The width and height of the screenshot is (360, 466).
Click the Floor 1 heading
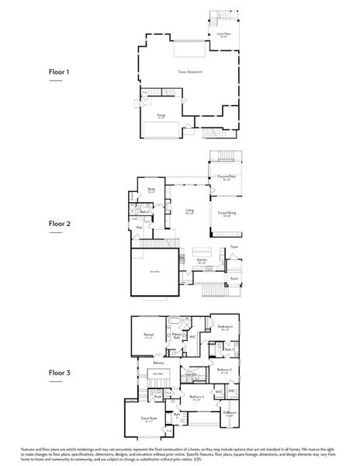(60, 72)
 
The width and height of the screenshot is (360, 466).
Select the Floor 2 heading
(60, 223)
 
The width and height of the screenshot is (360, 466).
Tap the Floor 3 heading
(60, 373)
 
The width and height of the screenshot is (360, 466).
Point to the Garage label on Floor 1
(161, 114)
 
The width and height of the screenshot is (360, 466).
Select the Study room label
(152, 189)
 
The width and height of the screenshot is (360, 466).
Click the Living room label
(189, 210)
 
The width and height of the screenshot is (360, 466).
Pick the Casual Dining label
(227, 212)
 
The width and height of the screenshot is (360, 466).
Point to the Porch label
(233, 277)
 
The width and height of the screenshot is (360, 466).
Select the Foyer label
(233, 247)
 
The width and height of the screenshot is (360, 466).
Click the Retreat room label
(148, 335)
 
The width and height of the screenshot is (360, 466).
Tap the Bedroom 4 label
(224, 327)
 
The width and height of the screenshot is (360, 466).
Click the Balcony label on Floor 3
(158, 363)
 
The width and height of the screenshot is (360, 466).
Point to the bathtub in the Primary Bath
(175, 321)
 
